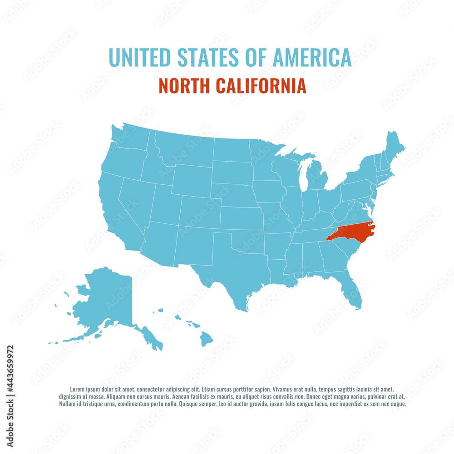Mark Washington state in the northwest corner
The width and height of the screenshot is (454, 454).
pyautogui.click(x=129, y=138)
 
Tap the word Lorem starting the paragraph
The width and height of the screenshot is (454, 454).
pyautogui.click(x=78, y=389)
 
